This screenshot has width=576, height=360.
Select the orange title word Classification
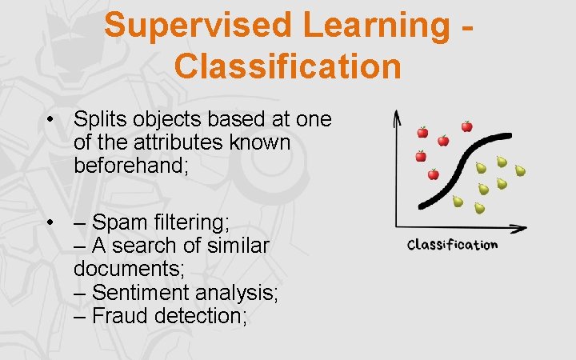coord(287,66)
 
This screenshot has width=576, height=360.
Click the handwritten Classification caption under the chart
coord(452,245)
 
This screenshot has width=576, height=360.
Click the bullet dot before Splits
coord(50,121)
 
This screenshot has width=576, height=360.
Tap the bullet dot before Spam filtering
coord(50,222)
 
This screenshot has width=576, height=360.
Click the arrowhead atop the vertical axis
coord(397,117)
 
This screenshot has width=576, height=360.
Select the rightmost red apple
coord(466,126)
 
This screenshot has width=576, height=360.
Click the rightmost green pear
coord(519,170)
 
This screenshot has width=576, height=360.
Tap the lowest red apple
coord(433,174)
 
